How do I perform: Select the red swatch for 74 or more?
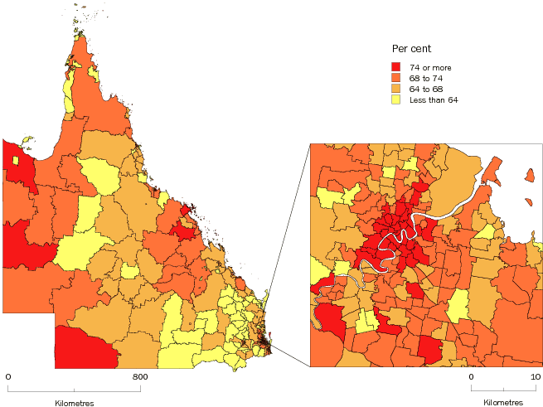[x=397, y=66]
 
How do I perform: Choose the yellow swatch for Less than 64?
[x=397, y=99]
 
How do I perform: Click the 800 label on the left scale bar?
[x=140, y=377]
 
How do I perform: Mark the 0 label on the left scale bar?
[x=7, y=377]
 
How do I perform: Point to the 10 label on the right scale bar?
[x=536, y=377]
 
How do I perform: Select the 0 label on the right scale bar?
[x=471, y=377]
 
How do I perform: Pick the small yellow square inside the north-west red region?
[x=16, y=160]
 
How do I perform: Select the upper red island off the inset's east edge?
[x=528, y=175]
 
